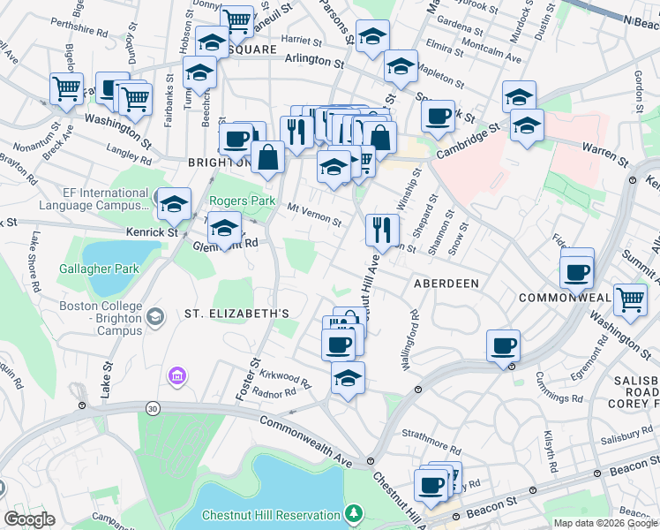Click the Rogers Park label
(237, 201)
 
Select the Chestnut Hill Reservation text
(271, 515)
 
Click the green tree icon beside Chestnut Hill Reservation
(354, 513)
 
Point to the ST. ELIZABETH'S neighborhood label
(236, 314)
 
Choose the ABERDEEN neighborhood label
(446, 284)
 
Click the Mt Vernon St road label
(314, 212)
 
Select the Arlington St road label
(314, 61)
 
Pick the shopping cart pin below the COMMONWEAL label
(629, 299)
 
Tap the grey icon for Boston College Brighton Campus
(155, 316)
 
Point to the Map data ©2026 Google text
(605, 523)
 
